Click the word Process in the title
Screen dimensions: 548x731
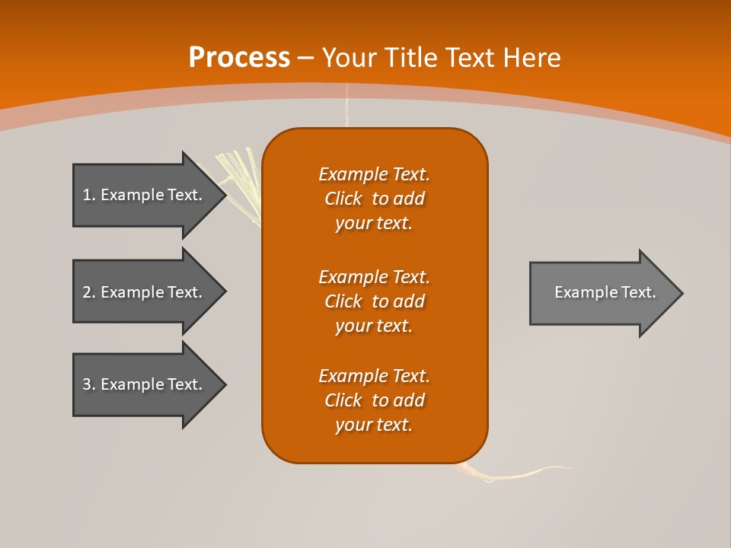(x=239, y=58)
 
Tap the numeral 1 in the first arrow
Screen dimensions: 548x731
(x=87, y=195)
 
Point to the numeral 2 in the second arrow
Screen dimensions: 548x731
(x=87, y=292)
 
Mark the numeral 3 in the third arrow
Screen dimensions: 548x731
(x=87, y=384)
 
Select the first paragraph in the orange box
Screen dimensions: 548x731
(x=374, y=199)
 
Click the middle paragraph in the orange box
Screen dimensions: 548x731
(x=374, y=301)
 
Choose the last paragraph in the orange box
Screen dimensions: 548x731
(x=374, y=400)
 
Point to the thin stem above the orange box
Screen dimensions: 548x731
(x=347, y=107)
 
